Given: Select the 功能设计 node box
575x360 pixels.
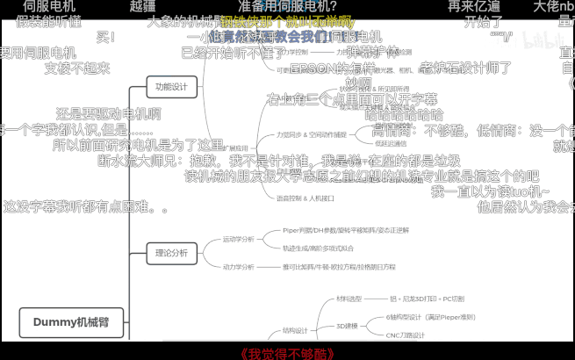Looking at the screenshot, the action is coord(171,87).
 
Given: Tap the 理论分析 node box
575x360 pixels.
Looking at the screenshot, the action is coord(171,253).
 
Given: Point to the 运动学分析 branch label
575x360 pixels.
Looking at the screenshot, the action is coord(238,239).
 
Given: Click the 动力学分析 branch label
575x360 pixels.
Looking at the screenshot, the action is coord(238,266).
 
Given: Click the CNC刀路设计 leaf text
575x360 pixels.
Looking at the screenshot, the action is coord(405,335).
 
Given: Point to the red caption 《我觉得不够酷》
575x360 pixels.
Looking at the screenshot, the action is coord(287,353).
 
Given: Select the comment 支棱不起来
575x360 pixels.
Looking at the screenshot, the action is coord(77,68).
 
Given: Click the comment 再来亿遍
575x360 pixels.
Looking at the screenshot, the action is coord(474,6).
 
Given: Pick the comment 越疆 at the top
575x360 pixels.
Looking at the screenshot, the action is coord(142,6).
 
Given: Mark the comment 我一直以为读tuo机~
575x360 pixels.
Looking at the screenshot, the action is coord(491,192).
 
